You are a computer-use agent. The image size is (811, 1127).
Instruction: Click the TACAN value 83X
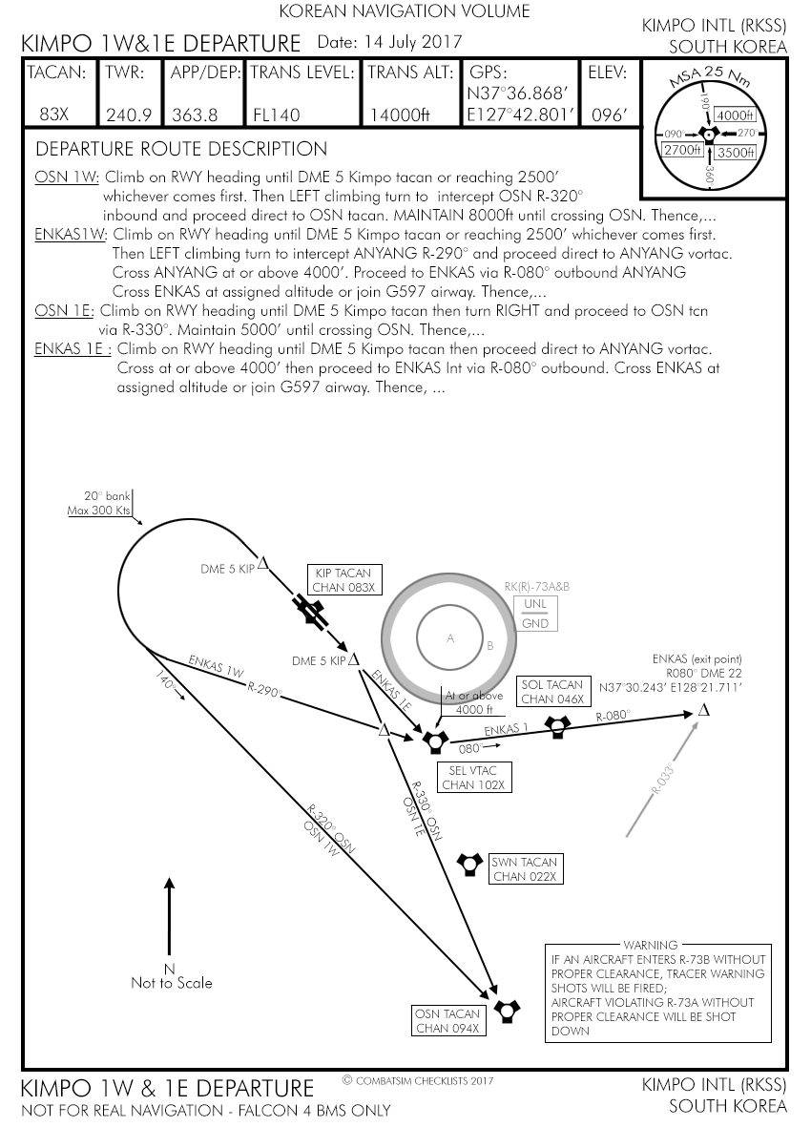coord(53,115)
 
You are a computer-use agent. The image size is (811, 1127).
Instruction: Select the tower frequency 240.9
coord(129,115)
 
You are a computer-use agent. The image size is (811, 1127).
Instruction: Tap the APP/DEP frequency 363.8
coord(195,115)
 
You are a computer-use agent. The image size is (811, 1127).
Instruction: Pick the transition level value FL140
coord(277,115)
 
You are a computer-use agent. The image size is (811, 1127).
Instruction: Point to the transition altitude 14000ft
coord(399,115)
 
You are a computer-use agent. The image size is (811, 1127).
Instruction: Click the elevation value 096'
coord(610,115)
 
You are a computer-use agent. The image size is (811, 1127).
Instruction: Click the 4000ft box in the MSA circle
coord(735,115)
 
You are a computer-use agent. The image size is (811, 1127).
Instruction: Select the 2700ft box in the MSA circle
coord(683,150)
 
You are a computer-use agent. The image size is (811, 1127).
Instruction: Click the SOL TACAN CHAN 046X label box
coord(551,692)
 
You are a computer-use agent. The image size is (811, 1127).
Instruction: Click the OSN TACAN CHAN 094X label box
coord(448,1020)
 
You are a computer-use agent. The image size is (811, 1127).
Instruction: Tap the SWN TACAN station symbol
coord(469,863)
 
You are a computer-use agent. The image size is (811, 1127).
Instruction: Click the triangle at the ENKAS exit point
coord(704,709)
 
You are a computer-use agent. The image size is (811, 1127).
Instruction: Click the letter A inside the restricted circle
coord(450,638)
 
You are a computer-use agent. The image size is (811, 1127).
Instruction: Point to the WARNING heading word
coord(650,945)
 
